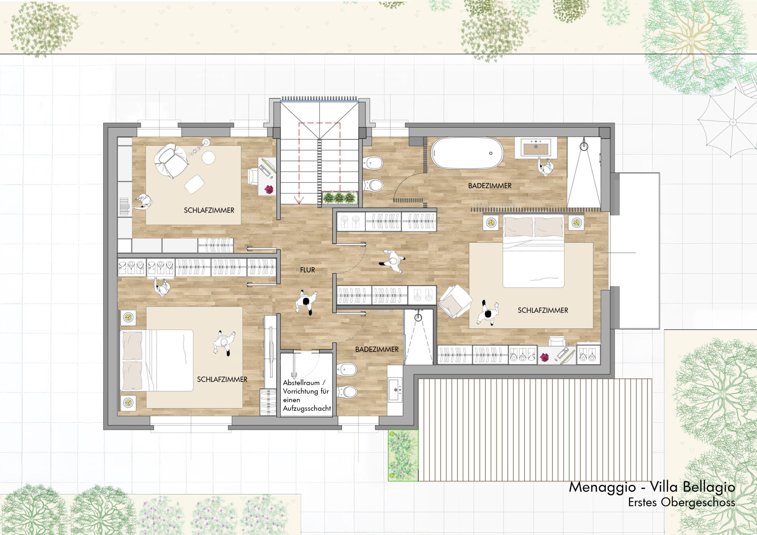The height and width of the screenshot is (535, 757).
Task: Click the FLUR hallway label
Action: (308, 270)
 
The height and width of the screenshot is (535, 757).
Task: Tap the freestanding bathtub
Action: (467, 153)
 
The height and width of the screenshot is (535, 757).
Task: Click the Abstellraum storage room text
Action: (307, 395)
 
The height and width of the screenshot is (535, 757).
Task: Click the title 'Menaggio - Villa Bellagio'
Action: (652, 487)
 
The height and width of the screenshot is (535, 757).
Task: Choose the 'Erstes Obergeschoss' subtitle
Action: (681, 502)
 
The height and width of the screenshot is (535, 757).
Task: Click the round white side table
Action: (209, 158)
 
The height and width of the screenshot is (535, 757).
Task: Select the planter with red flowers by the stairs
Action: (339, 197)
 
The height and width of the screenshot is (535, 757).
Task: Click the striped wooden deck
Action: (535, 430)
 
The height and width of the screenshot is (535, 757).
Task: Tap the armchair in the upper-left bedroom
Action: (172, 160)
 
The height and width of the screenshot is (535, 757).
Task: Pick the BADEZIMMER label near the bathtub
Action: (490, 186)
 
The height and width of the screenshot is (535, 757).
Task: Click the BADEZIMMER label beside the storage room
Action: (377, 349)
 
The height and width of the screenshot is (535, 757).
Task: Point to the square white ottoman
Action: (194, 184)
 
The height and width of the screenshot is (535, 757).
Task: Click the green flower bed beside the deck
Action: (403, 455)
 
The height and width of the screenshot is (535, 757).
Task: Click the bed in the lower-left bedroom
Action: (157, 360)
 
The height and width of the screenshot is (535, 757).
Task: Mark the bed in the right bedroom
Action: (533, 251)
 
